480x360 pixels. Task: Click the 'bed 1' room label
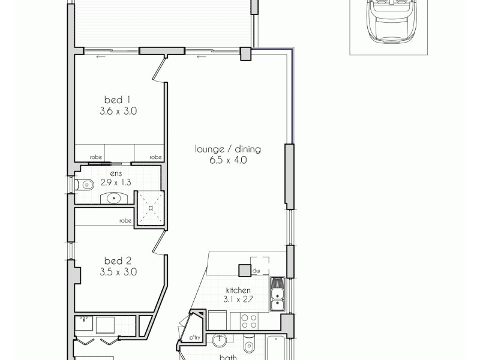(118, 100)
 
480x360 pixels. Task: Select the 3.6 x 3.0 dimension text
(118, 110)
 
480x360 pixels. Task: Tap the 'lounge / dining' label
(227, 149)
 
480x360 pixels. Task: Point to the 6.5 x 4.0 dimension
(227, 160)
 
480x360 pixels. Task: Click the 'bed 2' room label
(118, 260)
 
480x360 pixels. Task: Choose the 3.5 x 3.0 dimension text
(118, 271)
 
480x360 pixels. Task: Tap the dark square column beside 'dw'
(244, 270)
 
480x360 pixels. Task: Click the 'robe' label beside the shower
(125, 220)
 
